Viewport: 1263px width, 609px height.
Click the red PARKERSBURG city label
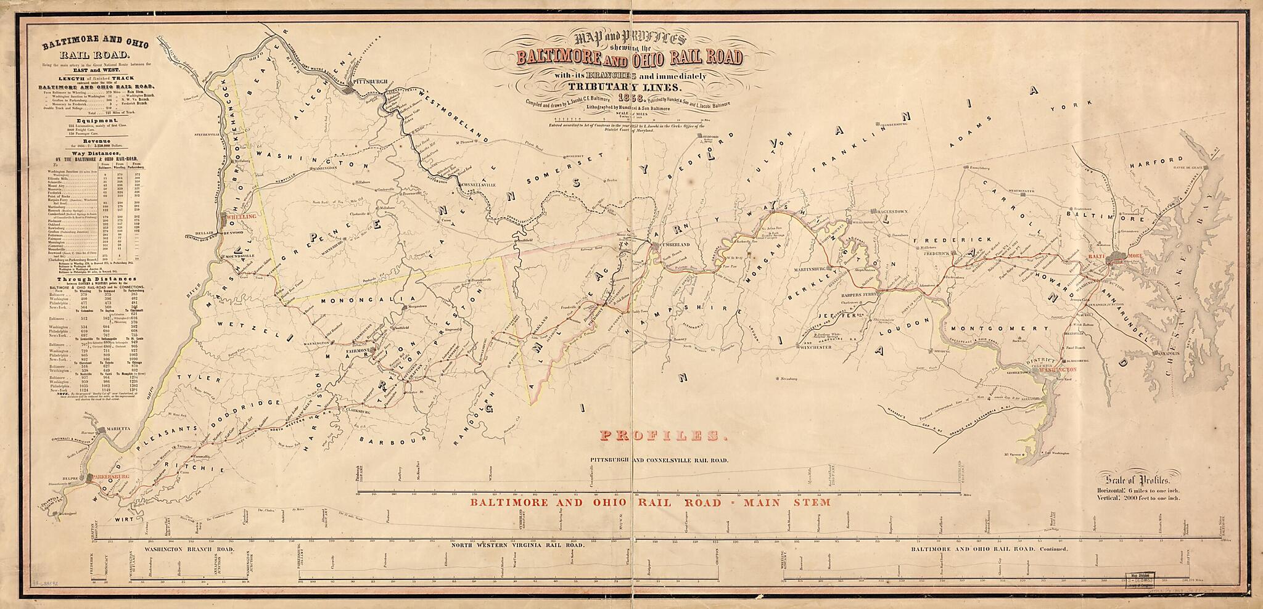tap(110, 476)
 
